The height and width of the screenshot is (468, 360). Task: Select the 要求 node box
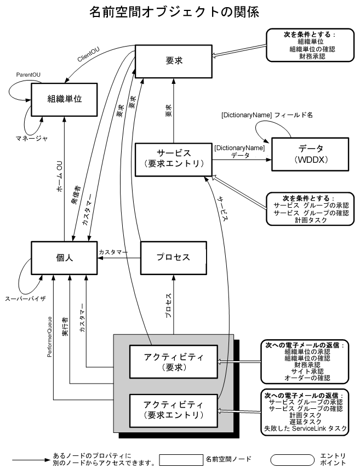pos(173,60)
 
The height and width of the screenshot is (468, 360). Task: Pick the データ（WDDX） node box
pos(310,155)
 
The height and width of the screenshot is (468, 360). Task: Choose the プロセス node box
pos(173,258)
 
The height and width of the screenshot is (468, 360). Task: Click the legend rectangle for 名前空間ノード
pos(180,458)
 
